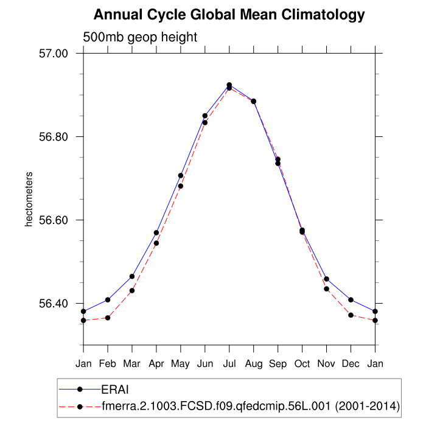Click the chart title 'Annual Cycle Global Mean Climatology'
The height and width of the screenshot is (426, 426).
(229, 15)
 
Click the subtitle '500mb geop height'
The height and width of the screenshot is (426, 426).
(140, 37)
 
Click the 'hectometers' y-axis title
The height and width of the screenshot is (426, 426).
(29, 200)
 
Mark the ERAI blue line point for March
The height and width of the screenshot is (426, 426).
(132, 276)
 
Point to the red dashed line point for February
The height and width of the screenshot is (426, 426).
(108, 318)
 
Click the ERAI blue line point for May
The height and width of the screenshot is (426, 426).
(181, 175)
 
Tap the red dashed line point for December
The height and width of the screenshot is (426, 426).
(351, 315)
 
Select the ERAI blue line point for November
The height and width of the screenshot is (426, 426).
(327, 279)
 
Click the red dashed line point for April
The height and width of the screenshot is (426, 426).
(156, 243)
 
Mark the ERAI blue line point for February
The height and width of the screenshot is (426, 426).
(108, 299)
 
